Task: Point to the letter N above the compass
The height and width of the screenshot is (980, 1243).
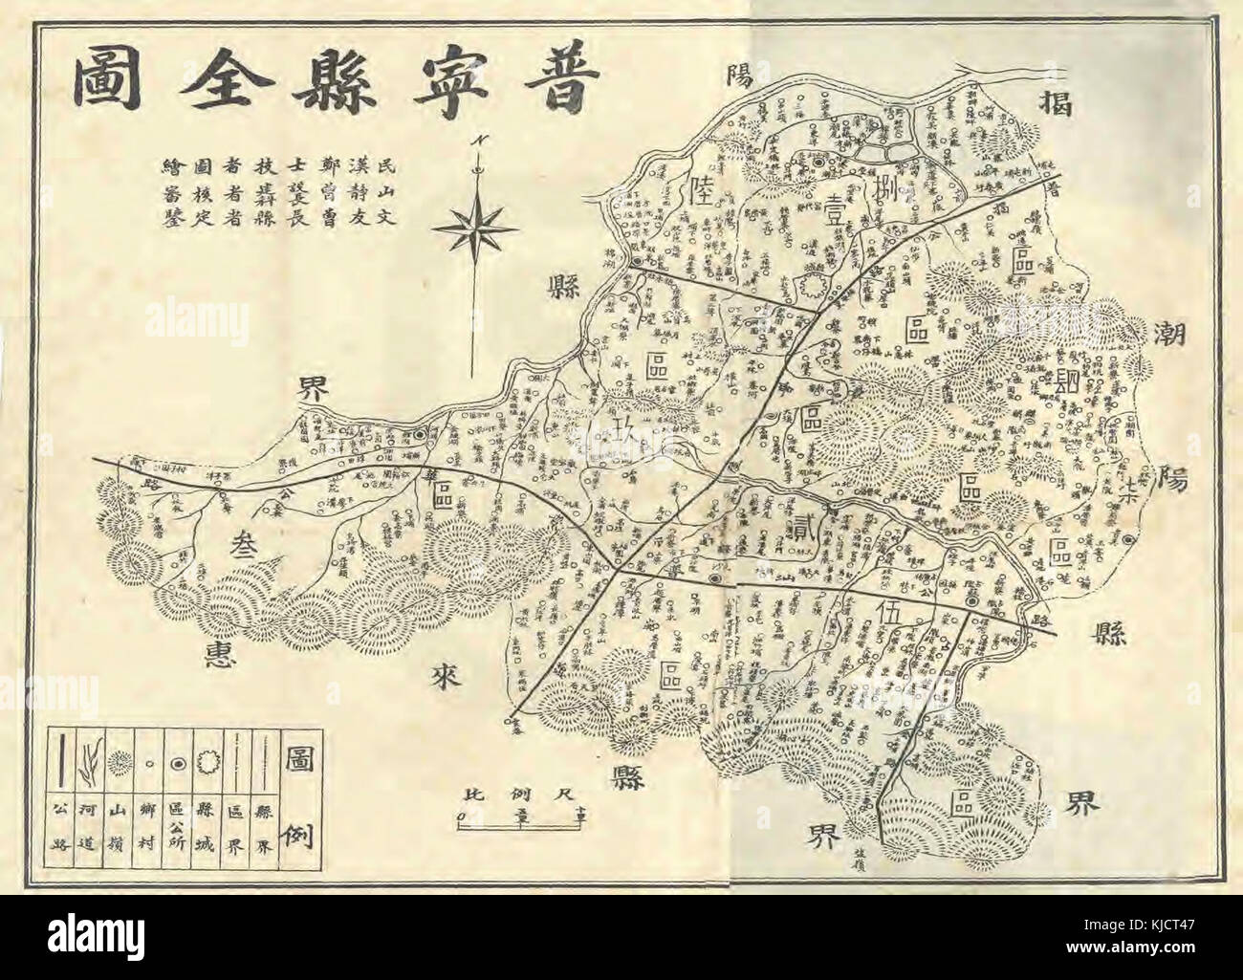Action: point(475,141)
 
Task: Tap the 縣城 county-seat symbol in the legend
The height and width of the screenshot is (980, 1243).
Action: point(207,762)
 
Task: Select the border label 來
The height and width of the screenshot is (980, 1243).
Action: point(446,678)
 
